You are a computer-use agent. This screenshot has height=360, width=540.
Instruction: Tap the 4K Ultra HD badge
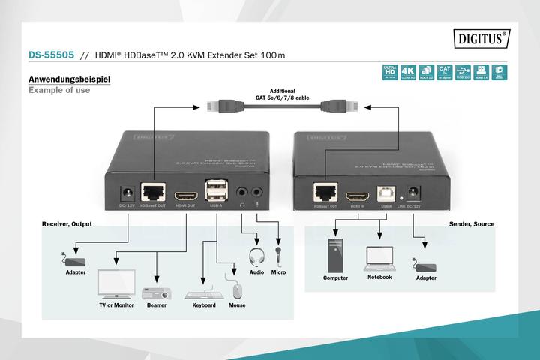408,72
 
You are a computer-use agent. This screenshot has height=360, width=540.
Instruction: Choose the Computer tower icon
334,254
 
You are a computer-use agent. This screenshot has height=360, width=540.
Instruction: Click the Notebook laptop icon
379,257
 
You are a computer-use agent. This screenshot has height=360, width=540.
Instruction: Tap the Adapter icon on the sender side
426,265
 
